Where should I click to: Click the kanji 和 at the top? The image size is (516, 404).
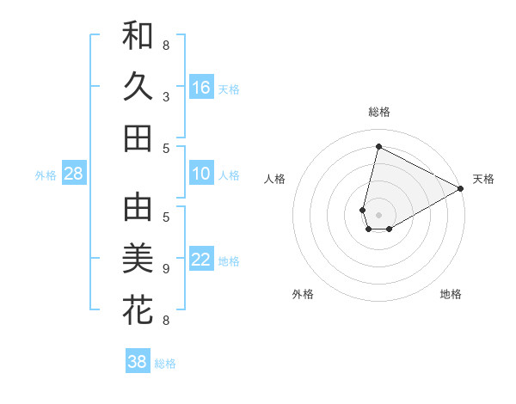(x=138, y=36)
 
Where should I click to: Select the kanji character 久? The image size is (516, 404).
(x=138, y=87)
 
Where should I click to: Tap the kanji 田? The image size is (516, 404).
(x=138, y=138)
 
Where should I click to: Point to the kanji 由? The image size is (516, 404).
(x=138, y=207)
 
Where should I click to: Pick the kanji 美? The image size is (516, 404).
(x=138, y=258)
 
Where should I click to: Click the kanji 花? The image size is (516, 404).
(x=138, y=309)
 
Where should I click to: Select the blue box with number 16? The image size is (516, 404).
(x=201, y=88)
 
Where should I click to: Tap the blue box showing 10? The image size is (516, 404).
(x=201, y=174)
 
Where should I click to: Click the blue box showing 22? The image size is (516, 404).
(x=201, y=260)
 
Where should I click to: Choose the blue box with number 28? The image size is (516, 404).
(x=74, y=174)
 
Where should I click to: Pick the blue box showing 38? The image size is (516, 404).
(x=138, y=362)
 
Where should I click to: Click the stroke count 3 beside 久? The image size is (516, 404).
(x=166, y=96)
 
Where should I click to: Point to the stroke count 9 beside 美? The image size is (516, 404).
(x=166, y=268)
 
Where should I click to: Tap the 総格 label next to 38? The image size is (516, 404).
(x=165, y=364)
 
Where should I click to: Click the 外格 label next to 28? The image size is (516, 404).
(x=46, y=175)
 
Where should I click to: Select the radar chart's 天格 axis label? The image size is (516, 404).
(x=483, y=179)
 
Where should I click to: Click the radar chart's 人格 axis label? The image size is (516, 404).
(x=275, y=179)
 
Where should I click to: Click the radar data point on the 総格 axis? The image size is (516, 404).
(x=379, y=147)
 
